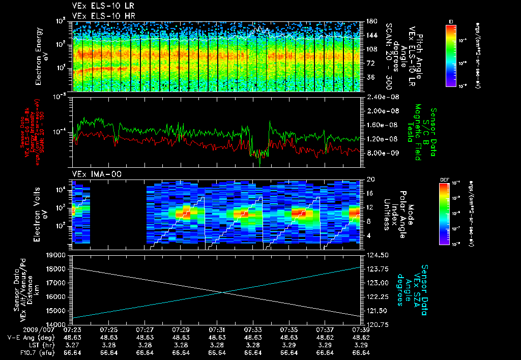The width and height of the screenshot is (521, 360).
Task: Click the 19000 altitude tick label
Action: pyautogui.click(x=57, y=255)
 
